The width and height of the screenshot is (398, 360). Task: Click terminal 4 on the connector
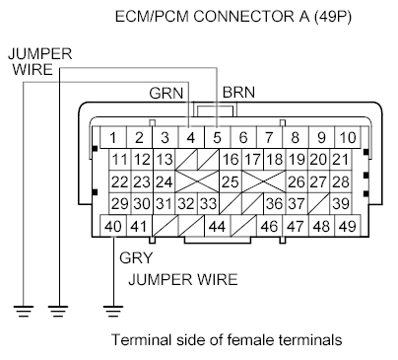pyautogui.click(x=191, y=138)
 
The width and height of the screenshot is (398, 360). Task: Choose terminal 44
pyautogui.click(x=216, y=226)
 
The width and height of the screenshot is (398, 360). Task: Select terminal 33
pyautogui.click(x=207, y=203)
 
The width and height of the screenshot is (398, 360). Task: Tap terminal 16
pyautogui.click(x=230, y=160)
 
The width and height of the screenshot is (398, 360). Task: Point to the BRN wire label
pyautogui.click(x=240, y=94)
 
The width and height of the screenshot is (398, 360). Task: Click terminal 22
pyautogui.click(x=119, y=181)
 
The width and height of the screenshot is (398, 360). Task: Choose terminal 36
pyautogui.click(x=274, y=203)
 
